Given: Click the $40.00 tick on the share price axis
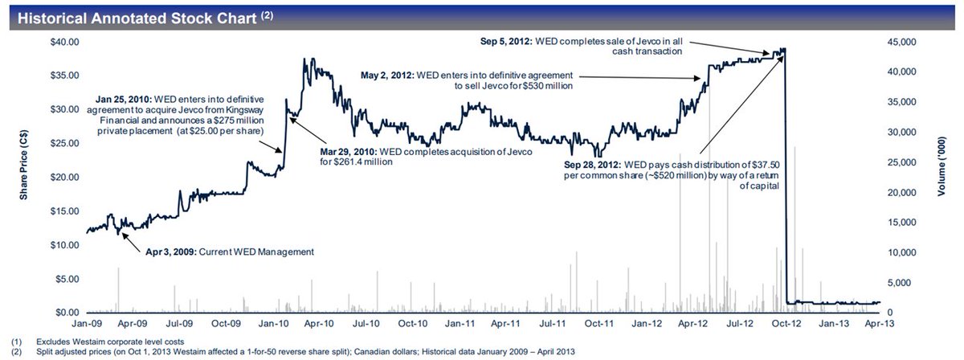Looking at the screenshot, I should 65,41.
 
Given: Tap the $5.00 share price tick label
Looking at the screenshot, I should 67,279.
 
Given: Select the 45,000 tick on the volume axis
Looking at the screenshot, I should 902,41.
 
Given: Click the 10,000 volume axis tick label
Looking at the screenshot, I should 902,252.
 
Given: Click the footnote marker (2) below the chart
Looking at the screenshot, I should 11,351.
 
